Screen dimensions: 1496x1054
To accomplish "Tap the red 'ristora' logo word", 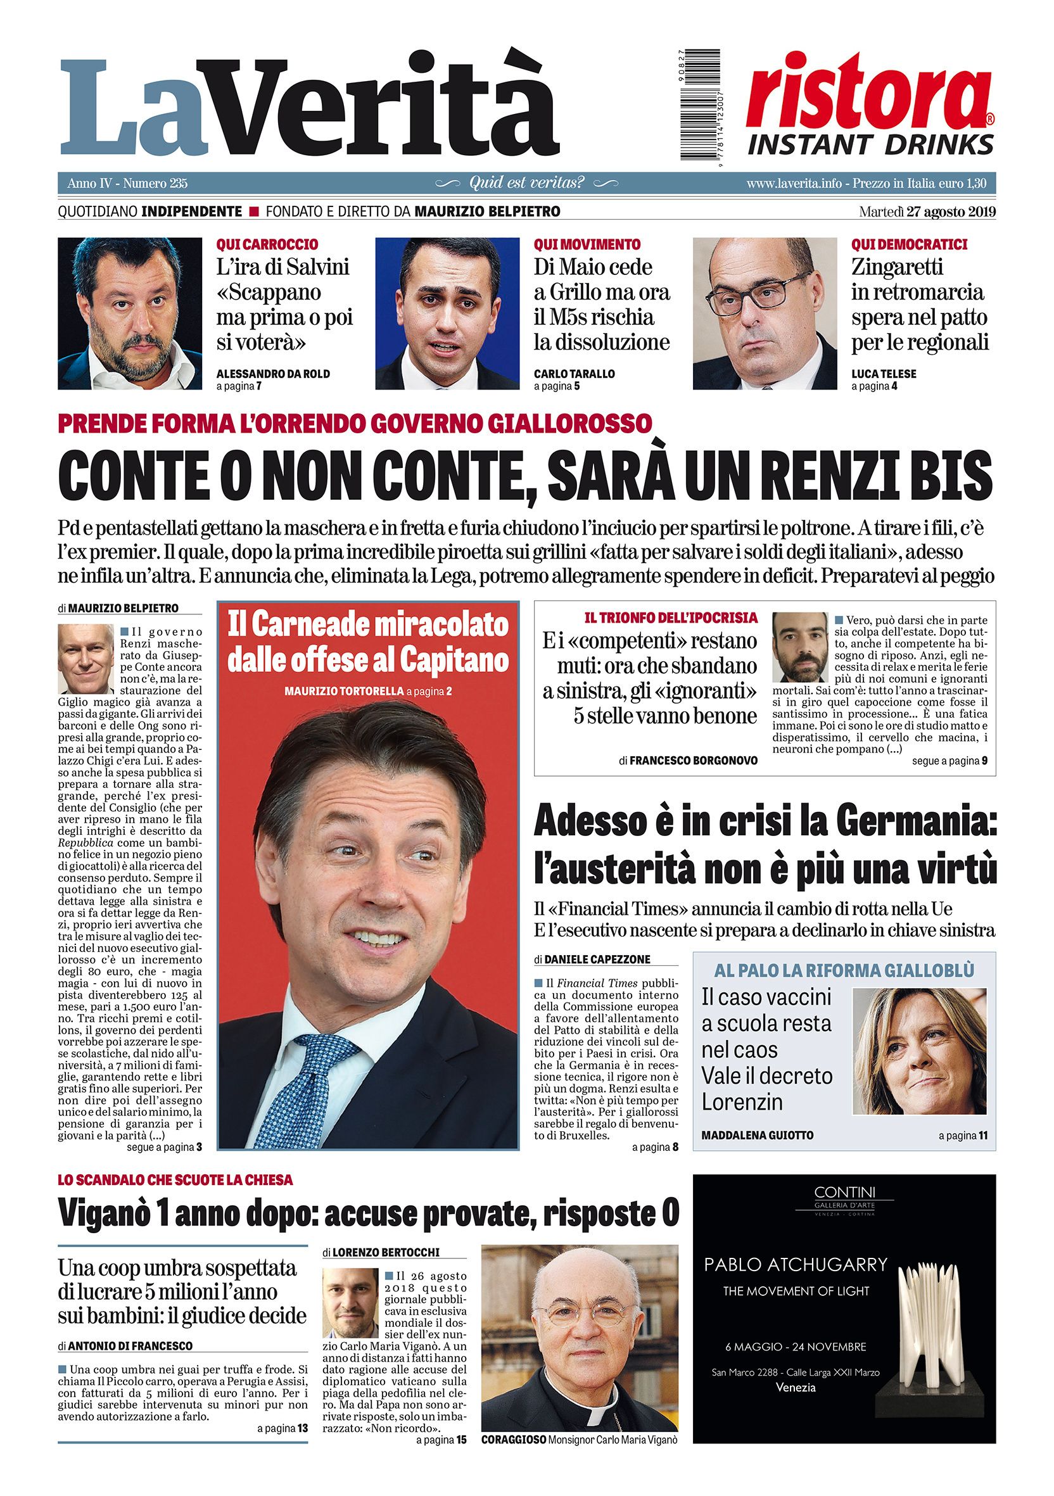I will [x=868, y=92].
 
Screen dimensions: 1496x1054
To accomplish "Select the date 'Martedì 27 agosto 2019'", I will [x=927, y=212].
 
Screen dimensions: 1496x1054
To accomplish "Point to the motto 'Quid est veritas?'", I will [x=527, y=183].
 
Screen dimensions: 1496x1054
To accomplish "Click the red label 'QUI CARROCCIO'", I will [x=267, y=244].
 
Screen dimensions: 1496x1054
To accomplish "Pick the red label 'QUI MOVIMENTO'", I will [x=587, y=244].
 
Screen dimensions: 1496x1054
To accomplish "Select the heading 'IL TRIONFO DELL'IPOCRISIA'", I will [x=670, y=617].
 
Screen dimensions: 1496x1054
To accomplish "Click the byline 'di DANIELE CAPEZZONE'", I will [x=592, y=960].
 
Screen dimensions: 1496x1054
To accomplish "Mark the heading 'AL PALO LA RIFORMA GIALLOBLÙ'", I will [x=844, y=970].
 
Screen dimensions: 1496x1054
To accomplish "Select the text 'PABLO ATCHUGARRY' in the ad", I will [x=796, y=1265].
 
